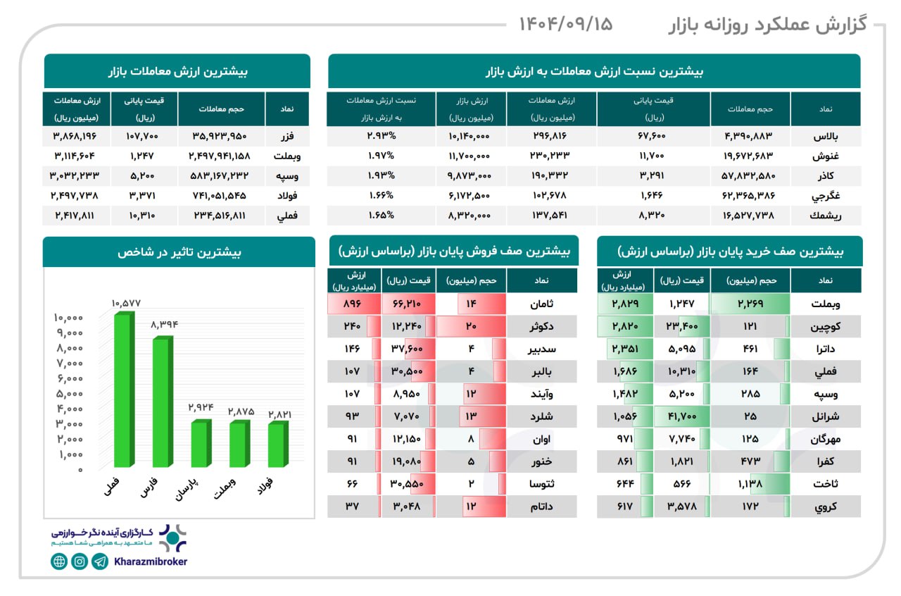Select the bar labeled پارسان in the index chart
(x=201, y=444)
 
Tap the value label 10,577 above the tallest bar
(x=126, y=303)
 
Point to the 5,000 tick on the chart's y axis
(x=69, y=393)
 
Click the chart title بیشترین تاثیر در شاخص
(x=179, y=252)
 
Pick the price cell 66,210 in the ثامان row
(x=408, y=304)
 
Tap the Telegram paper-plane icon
(x=100, y=561)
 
